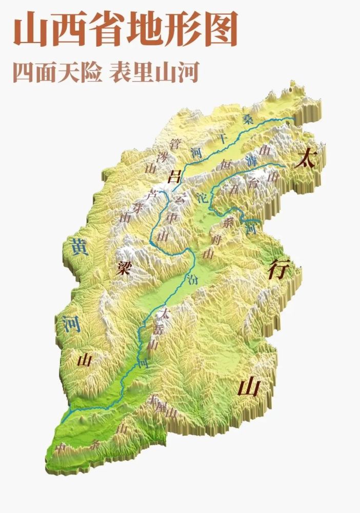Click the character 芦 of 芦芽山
point(151,194)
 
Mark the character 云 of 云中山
point(179,198)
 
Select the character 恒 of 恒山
point(225,165)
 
